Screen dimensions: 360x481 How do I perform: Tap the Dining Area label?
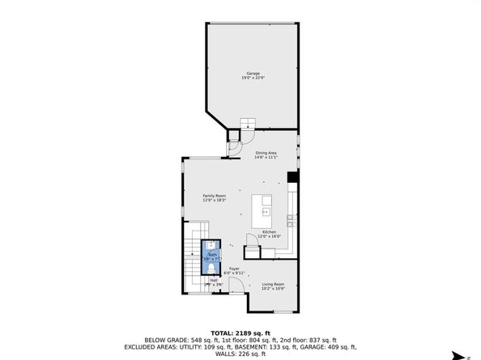[x=266, y=153]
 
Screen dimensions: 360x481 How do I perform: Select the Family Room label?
[x=215, y=196]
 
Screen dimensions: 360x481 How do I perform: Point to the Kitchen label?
[x=269, y=232]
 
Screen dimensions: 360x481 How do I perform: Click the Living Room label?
[x=273, y=284]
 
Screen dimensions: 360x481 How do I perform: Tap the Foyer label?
[x=234, y=268]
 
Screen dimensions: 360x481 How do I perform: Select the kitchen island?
[x=264, y=210]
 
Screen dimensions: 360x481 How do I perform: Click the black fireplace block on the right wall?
[x=292, y=178]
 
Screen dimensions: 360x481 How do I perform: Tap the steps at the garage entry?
[x=247, y=124]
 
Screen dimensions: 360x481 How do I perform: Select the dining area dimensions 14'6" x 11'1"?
[x=266, y=158]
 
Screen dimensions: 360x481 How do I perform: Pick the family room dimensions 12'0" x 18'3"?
[x=215, y=201]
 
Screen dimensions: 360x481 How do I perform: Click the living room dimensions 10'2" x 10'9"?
[x=273, y=289]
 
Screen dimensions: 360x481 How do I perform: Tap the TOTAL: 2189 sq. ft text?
[x=240, y=332]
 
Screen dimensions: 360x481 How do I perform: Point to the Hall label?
[x=214, y=280]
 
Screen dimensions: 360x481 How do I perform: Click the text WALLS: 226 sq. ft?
[x=240, y=353]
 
